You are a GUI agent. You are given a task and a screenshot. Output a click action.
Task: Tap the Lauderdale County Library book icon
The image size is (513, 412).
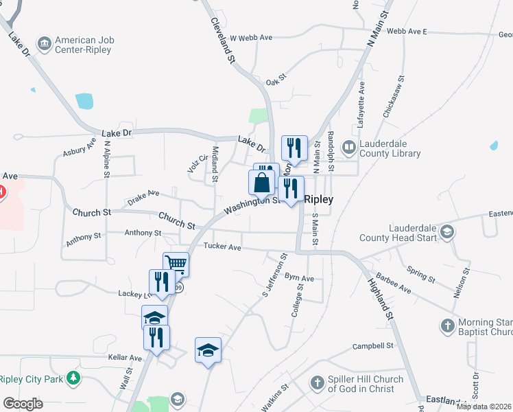[350, 147]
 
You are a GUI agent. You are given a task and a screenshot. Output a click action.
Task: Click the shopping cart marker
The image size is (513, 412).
[176, 263]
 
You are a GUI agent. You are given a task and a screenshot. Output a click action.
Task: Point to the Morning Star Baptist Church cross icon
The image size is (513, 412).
[447, 325]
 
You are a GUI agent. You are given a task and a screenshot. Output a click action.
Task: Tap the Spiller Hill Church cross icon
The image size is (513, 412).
[317, 382]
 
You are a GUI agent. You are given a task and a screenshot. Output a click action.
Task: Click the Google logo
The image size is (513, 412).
[23, 404]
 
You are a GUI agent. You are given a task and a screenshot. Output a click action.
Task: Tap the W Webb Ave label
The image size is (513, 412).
[251, 38]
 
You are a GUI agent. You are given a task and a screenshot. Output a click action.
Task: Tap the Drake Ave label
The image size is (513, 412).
[143, 198]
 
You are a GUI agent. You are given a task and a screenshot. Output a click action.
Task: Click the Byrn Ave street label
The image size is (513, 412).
[299, 279]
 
